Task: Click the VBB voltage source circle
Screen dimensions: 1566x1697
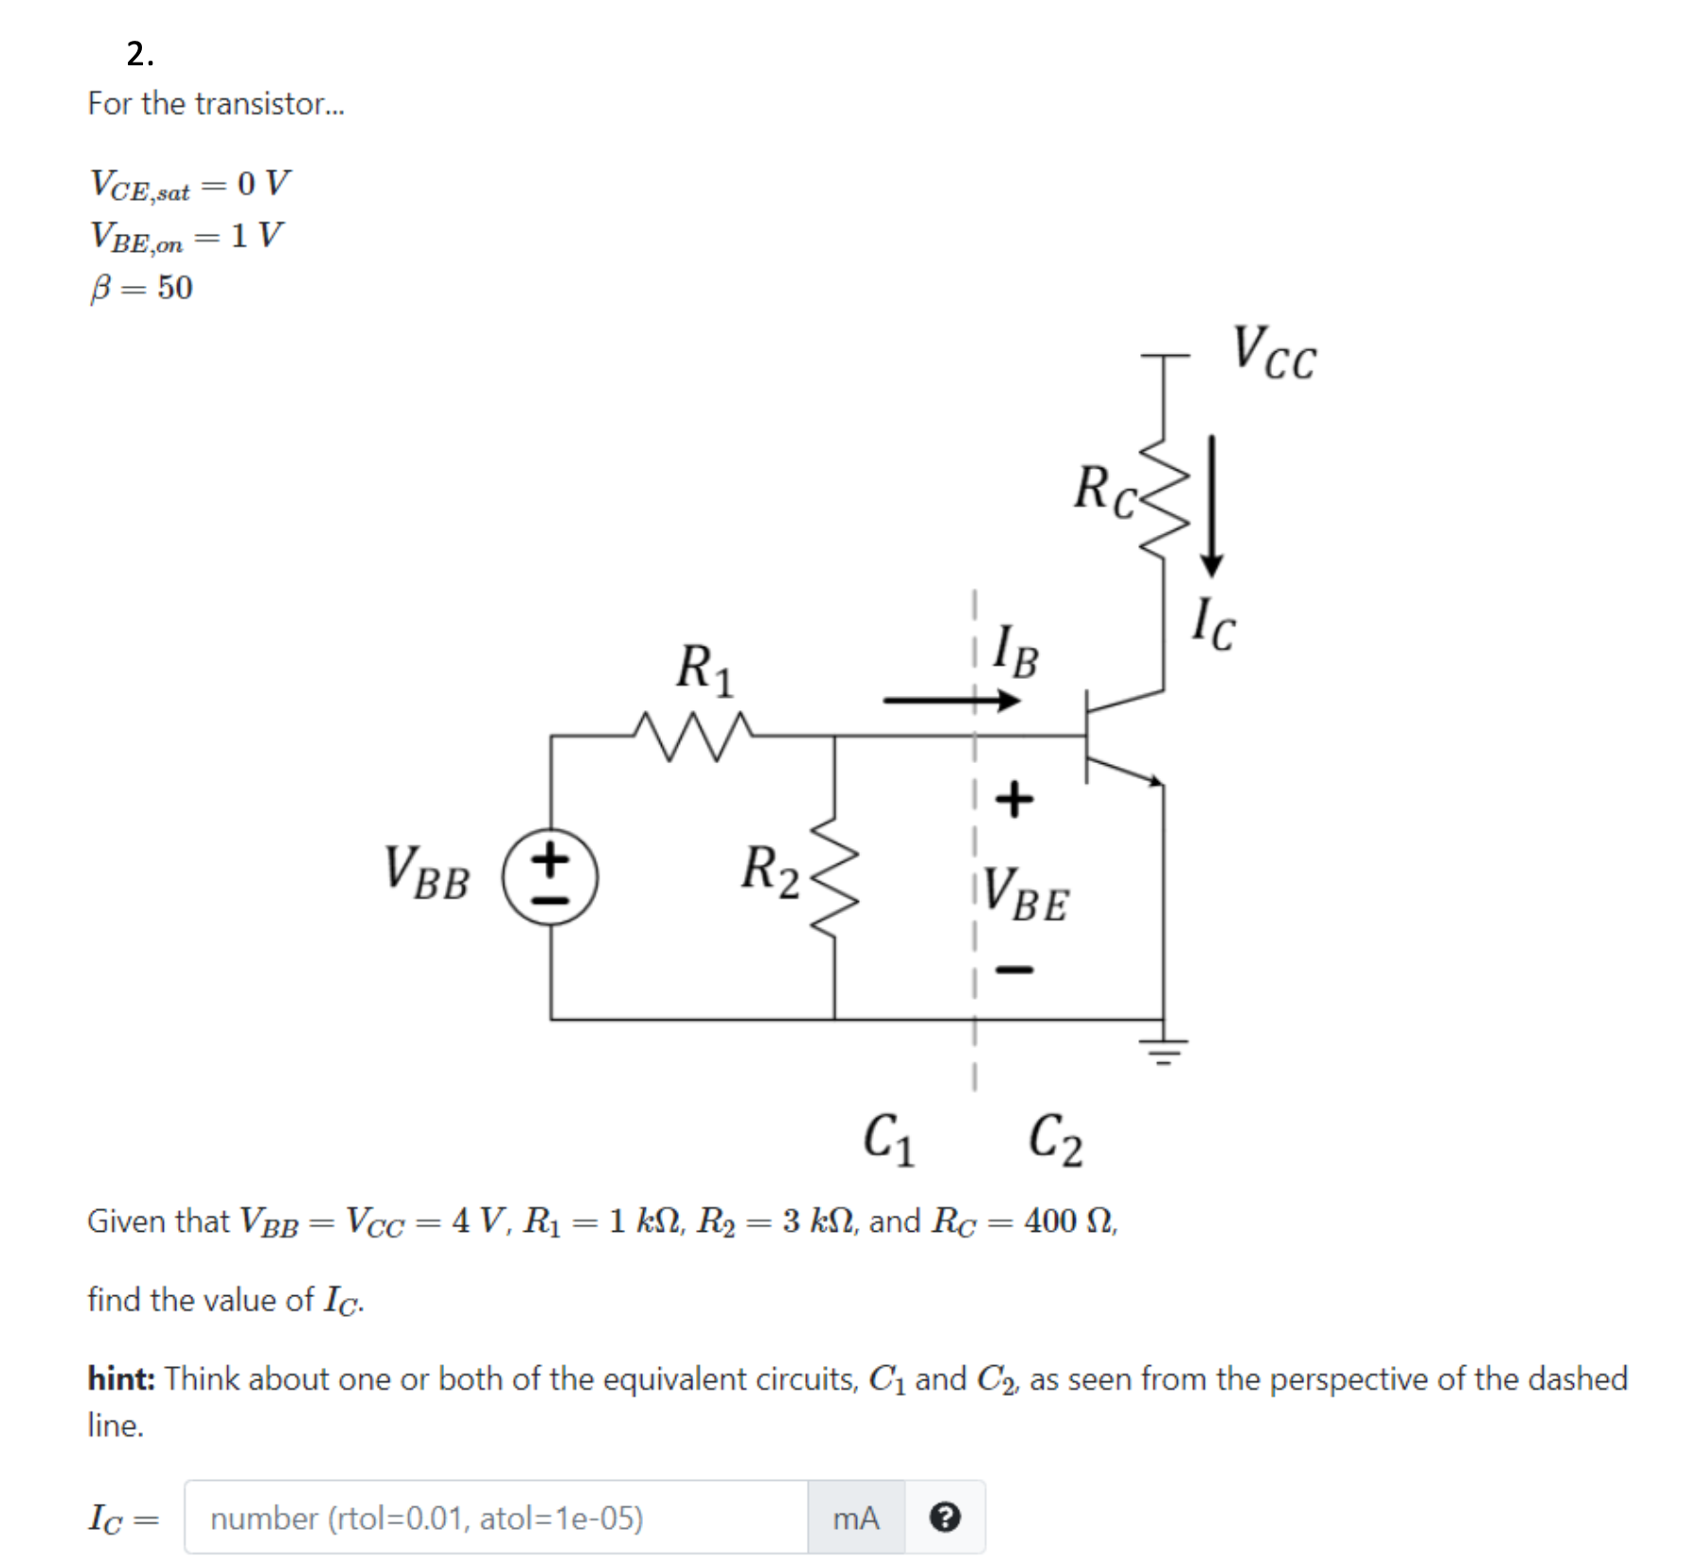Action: (550, 877)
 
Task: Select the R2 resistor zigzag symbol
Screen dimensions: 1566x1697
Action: (834, 877)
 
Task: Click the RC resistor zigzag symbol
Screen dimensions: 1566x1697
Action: (1164, 499)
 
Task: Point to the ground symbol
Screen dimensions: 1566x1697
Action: (1164, 1049)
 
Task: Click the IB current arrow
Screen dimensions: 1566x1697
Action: (951, 701)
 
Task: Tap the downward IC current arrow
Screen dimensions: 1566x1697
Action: (1211, 506)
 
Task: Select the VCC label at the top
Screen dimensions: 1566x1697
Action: (1273, 353)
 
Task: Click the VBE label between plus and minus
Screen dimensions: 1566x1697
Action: (1026, 895)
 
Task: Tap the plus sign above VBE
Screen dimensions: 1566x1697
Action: (1014, 798)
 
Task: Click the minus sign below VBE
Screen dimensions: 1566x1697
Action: (1014, 970)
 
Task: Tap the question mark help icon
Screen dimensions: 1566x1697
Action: (944, 1518)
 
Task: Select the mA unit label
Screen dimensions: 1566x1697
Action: (855, 1518)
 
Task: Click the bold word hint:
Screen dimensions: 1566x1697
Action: (121, 1379)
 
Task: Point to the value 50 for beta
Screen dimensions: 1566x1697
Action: (175, 288)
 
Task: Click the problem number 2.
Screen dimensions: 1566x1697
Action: (140, 54)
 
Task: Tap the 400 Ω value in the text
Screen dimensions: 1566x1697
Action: (1068, 1221)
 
